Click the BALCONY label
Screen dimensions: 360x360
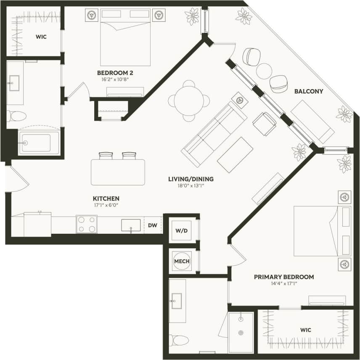pyautogui.click(x=308, y=91)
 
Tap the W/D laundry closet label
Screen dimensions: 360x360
pyautogui.click(x=182, y=231)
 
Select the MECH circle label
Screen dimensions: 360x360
pyautogui.click(x=182, y=261)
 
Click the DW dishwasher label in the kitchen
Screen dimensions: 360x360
pyautogui.click(x=152, y=225)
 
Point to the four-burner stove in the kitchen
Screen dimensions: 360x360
pyautogui.click(x=87, y=224)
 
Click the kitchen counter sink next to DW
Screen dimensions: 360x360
pyautogui.click(x=131, y=225)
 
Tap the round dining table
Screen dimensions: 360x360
pyautogui.click(x=189, y=101)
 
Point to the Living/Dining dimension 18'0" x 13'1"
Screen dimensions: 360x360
pyautogui.click(x=191, y=186)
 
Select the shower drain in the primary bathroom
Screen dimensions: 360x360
pyautogui.click(x=241, y=333)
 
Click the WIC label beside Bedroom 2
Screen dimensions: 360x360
pyautogui.click(x=41, y=37)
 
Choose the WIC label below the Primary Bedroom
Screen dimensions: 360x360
pyautogui.click(x=306, y=330)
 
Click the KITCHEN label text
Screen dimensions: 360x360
pyautogui.click(x=106, y=199)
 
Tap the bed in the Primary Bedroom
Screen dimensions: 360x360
pyautogui.click(x=322, y=230)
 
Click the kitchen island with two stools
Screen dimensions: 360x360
pyautogui.click(x=118, y=172)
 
